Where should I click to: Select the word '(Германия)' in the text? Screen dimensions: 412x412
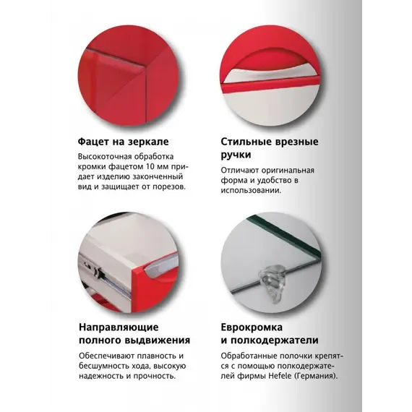[323, 376]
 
